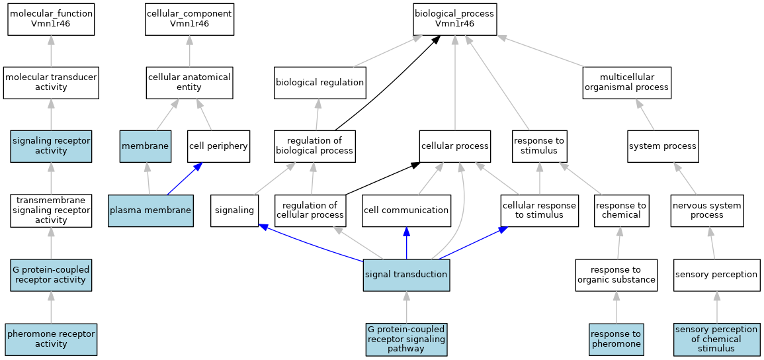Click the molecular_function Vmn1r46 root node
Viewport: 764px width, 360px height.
(51, 19)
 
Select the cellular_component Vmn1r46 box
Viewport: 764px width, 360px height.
(189, 19)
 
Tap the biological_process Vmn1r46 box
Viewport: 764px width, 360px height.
(454, 19)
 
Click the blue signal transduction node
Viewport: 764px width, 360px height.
(406, 275)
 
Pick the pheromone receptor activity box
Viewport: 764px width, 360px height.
(51, 339)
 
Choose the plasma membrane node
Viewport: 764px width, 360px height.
(151, 210)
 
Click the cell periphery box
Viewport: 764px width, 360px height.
(218, 146)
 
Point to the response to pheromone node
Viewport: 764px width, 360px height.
(616, 339)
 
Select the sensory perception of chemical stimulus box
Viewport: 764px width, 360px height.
(716, 339)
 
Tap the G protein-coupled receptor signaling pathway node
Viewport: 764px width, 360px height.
(406, 339)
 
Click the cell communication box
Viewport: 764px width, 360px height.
(406, 210)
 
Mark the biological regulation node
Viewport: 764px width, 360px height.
(319, 83)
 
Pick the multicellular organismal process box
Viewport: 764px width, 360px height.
(627, 83)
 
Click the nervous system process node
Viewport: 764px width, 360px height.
(707, 210)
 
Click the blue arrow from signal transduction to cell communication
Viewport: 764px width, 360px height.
(406, 243)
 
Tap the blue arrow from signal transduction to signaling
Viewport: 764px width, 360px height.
(311, 242)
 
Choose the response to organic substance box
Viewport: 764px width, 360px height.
(616, 275)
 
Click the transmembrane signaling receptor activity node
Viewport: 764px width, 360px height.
(51, 210)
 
